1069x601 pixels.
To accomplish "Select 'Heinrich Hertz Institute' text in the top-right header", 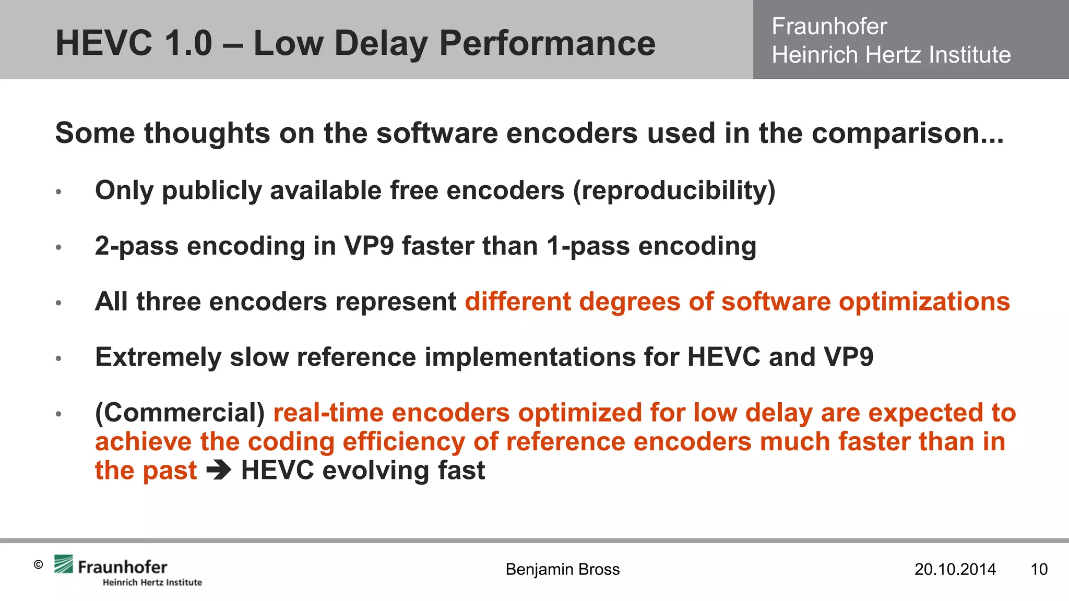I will [891, 55].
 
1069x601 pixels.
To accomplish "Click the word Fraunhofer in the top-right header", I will [829, 26].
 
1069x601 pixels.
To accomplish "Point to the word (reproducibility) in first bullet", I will [674, 190].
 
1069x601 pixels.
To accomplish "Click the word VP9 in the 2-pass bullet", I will [369, 246].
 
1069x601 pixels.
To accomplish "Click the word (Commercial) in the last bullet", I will [180, 413].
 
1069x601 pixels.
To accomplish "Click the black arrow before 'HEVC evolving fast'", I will [219, 471].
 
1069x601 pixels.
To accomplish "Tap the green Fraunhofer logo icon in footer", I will [64, 564].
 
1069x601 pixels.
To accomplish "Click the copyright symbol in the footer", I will [38, 564].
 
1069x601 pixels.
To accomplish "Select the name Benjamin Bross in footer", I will [562, 569].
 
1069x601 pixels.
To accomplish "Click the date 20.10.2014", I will [955, 569].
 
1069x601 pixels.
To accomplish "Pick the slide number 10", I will [1039, 569].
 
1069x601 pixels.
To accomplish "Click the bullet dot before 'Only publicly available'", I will [59, 192].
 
